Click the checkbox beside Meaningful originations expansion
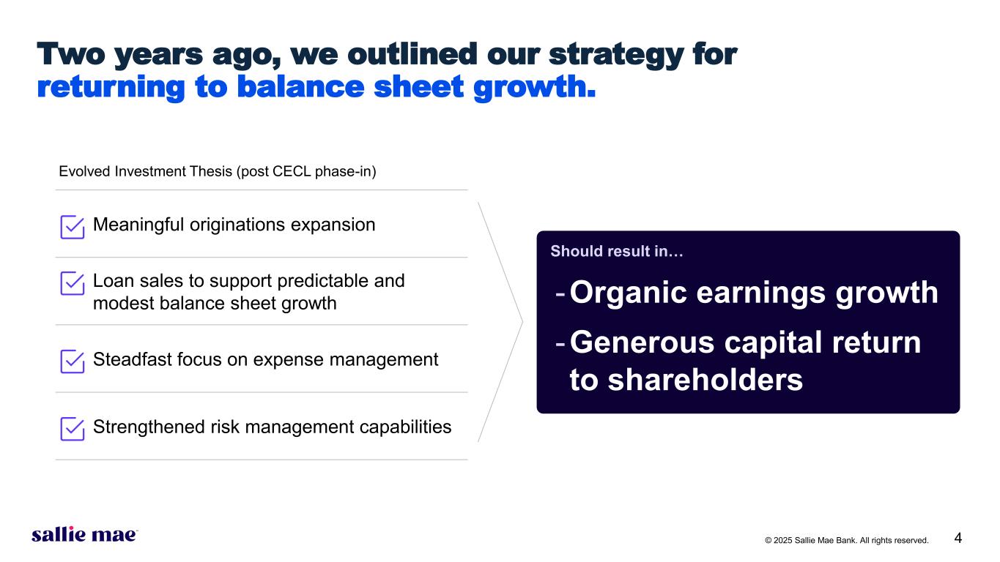point(73,227)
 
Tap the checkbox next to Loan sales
point(73,283)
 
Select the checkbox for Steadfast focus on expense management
point(73,361)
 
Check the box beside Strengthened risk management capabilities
point(73,429)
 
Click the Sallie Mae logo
point(85,534)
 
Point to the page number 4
point(958,538)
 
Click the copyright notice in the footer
point(846,540)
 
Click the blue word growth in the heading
point(535,87)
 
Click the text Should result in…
point(617,251)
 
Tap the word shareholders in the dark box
point(705,380)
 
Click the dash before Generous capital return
point(560,344)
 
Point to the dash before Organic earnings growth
point(560,294)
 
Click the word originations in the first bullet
point(237,225)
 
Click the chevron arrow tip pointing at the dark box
point(522,321)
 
